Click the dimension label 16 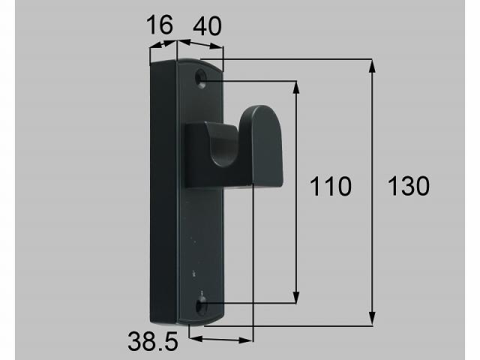coord(160,27)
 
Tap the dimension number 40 coord(207,27)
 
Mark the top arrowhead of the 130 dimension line coord(373,64)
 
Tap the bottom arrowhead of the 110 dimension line coord(298,298)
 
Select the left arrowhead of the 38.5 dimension coord(193,338)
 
